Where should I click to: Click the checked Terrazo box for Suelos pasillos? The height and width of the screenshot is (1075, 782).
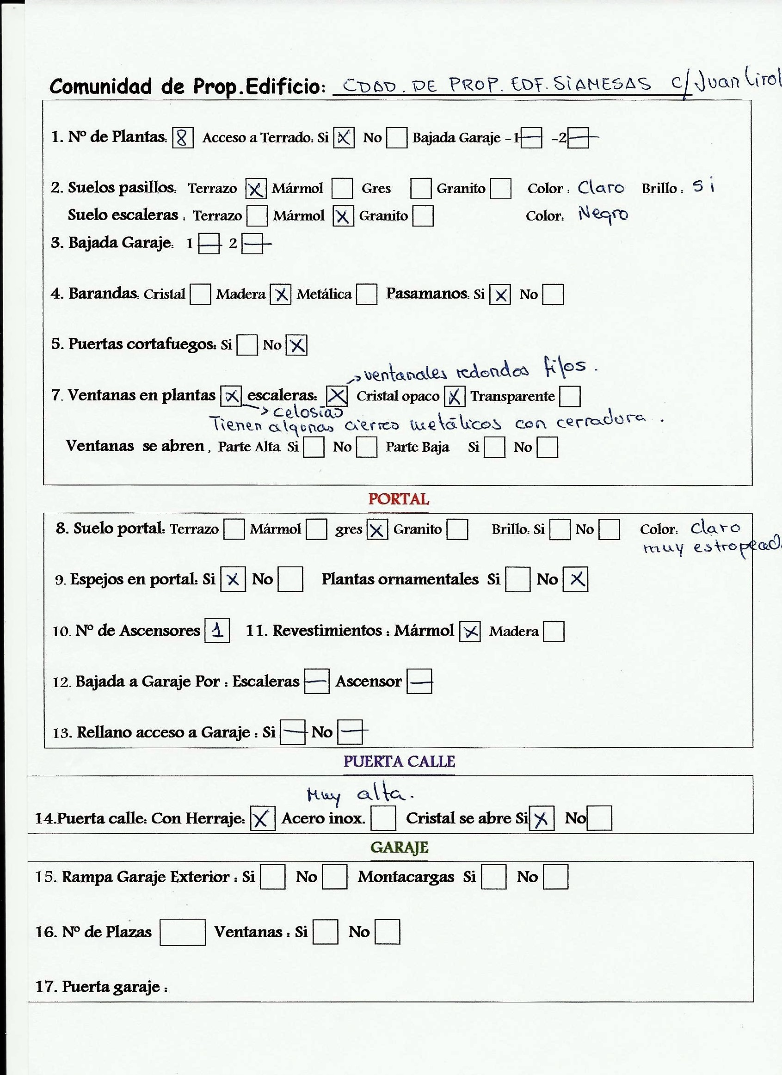click(x=255, y=189)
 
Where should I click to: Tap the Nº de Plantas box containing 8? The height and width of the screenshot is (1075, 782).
click(x=183, y=138)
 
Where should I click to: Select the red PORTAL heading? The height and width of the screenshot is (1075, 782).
click(x=398, y=499)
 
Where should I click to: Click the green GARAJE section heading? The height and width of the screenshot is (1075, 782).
click(x=399, y=847)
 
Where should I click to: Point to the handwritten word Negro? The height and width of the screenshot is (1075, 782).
click(x=603, y=215)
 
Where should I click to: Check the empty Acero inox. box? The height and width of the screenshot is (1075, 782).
click(x=383, y=818)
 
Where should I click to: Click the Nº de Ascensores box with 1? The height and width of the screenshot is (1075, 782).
click(x=217, y=630)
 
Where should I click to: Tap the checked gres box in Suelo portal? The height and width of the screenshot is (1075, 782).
click(x=377, y=529)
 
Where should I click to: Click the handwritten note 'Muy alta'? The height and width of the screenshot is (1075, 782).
click(x=361, y=794)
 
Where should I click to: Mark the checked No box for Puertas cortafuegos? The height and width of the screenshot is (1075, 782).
click(x=297, y=345)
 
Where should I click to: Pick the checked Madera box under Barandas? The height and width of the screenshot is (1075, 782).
click(x=281, y=295)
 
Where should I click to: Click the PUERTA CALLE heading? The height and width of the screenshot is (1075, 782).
click(x=399, y=761)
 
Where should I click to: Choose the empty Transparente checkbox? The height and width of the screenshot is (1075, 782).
click(x=570, y=396)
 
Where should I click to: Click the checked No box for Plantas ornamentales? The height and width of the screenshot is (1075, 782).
click(x=575, y=579)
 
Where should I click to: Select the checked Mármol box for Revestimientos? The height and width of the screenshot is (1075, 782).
click(x=470, y=631)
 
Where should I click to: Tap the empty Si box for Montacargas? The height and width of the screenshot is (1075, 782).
click(x=493, y=877)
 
